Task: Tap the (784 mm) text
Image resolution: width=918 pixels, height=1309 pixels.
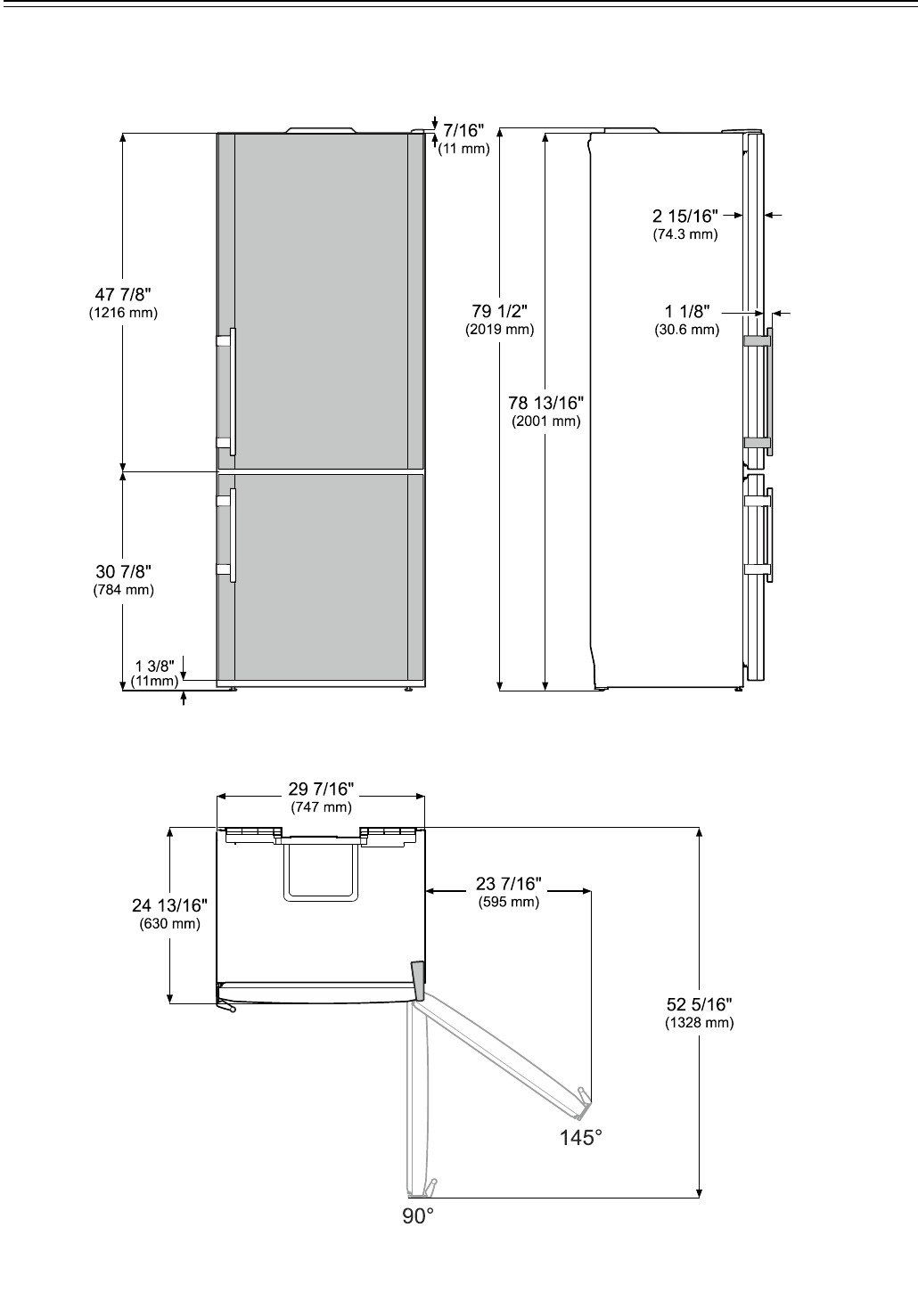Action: pyautogui.click(x=123, y=590)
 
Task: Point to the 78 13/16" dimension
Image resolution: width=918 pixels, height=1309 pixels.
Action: pyautogui.click(x=545, y=403)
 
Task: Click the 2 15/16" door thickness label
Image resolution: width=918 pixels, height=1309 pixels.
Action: pyautogui.click(x=684, y=217)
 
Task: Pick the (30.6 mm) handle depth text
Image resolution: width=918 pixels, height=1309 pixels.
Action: pyautogui.click(x=686, y=330)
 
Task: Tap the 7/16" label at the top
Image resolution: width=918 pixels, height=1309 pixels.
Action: pyautogui.click(x=463, y=130)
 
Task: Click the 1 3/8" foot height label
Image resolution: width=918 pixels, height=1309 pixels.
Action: pyautogui.click(x=155, y=666)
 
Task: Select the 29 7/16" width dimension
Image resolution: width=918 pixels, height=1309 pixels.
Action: pyautogui.click(x=321, y=789)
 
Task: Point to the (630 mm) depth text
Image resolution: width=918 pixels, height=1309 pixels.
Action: pyautogui.click(x=169, y=924)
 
